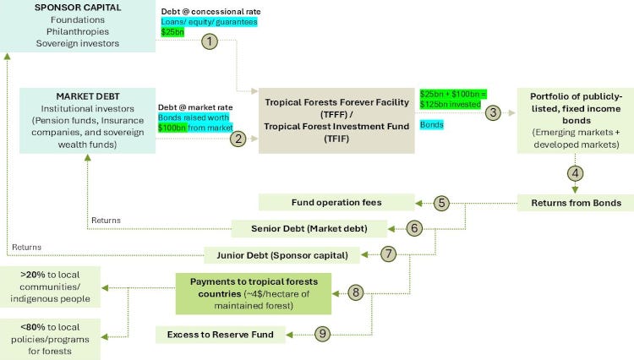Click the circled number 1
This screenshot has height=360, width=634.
(210, 40)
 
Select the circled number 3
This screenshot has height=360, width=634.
(494, 112)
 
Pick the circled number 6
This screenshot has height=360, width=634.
(413, 227)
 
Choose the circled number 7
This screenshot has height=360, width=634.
(387, 254)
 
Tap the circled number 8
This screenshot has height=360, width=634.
(356, 293)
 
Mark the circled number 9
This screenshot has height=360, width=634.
(322, 334)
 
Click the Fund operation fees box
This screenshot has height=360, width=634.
(336, 203)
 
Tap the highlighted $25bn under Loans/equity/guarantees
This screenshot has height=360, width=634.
(172, 31)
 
